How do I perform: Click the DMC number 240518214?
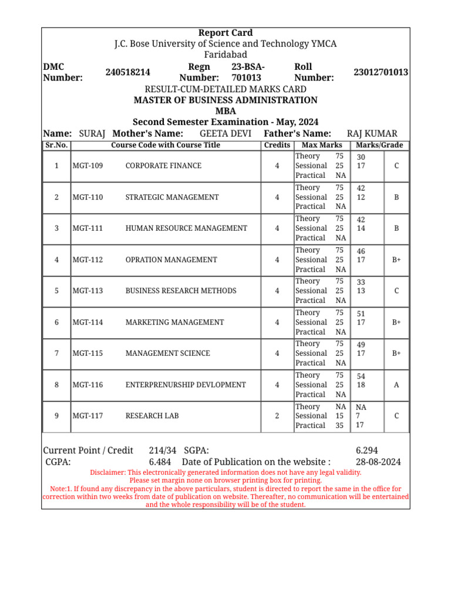[x=128, y=72]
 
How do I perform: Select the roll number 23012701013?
[x=381, y=72]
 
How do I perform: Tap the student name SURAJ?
[x=92, y=134]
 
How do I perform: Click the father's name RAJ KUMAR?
[x=372, y=134]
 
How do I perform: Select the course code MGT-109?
[x=87, y=166]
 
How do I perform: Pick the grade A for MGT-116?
[x=396, y=385]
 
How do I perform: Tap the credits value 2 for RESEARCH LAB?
[x=277, y=416]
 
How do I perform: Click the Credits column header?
[x=277, y=145]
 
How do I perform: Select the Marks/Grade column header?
[x=379, y=145]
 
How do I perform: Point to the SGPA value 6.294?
[x=367, y=450]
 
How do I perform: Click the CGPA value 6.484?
[x=160, y=462]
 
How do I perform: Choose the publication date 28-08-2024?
[x=379, y=462]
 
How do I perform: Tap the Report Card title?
[x=225, y=33]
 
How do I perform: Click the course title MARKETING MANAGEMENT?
[x=174, y=322]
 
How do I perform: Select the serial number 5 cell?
[x=56, y=291]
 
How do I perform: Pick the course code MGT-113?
[x=87, y=291]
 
